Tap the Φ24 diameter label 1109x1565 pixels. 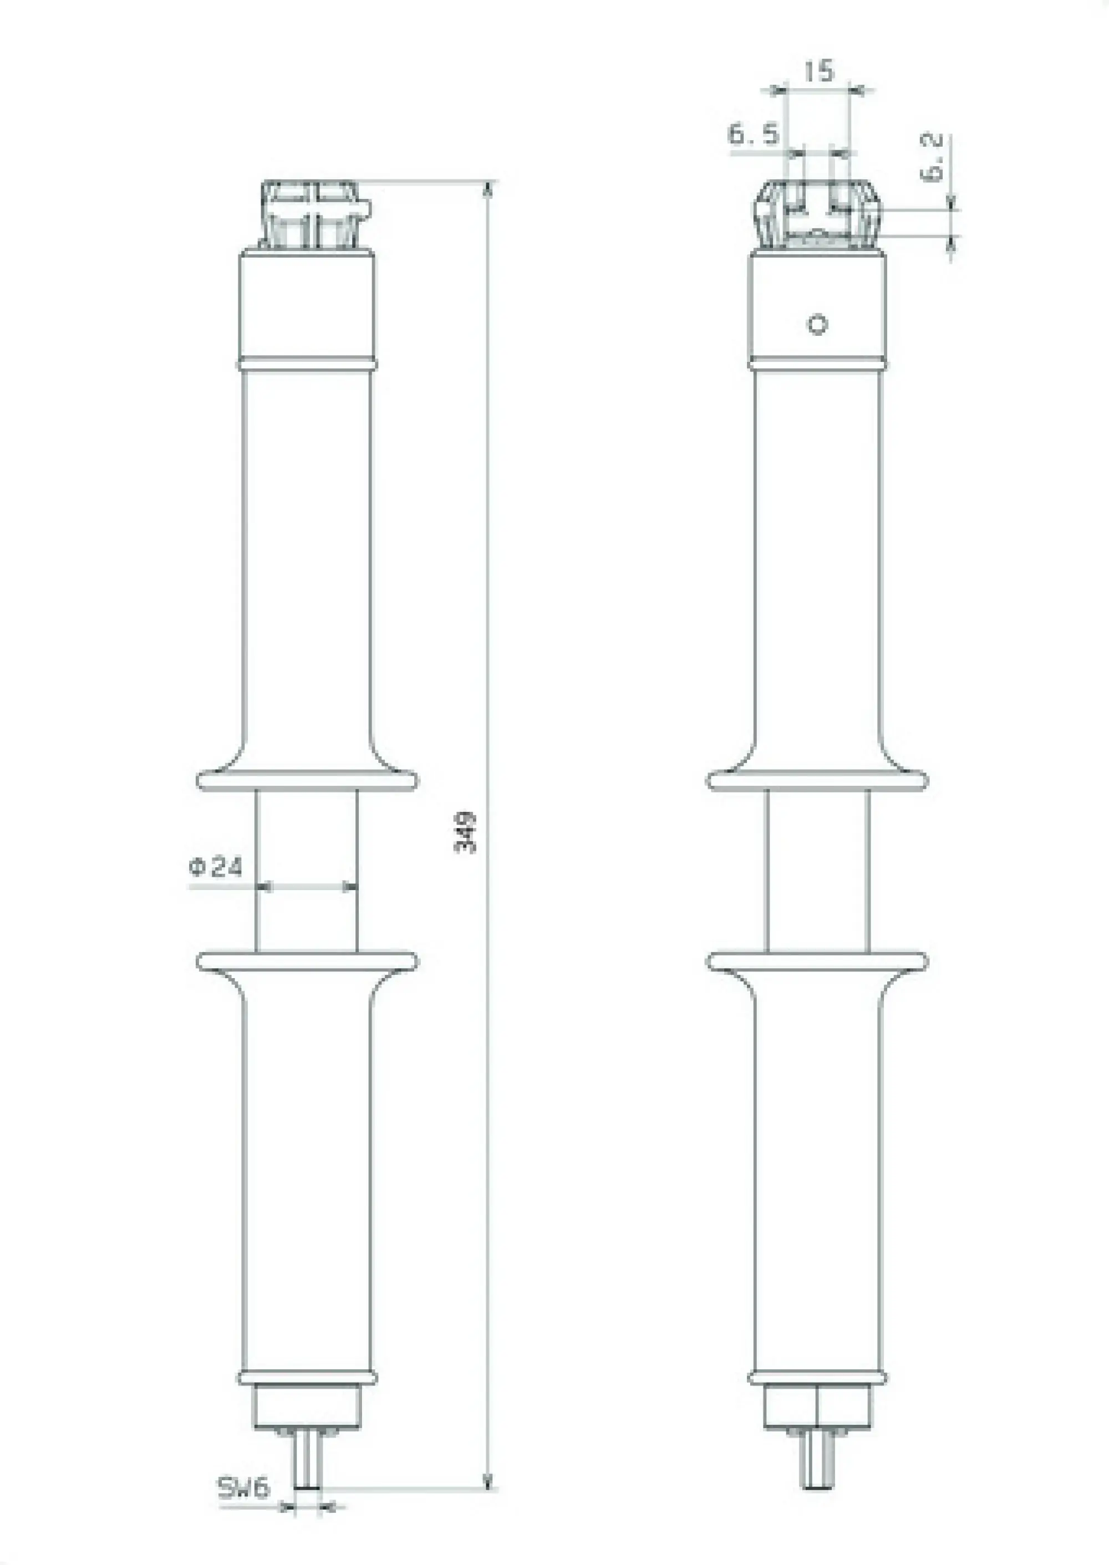click(x=216, y=867)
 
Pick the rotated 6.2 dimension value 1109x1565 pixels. click(x=933, y=157)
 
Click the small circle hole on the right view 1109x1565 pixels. click(x=817, y=324)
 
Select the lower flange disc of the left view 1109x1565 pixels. click(x=307, y=961)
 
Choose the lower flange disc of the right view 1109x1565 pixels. click(x=817, y=961)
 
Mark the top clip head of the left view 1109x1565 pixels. click(x=313, y=214)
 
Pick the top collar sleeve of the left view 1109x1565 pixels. click(x=307, y=307)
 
